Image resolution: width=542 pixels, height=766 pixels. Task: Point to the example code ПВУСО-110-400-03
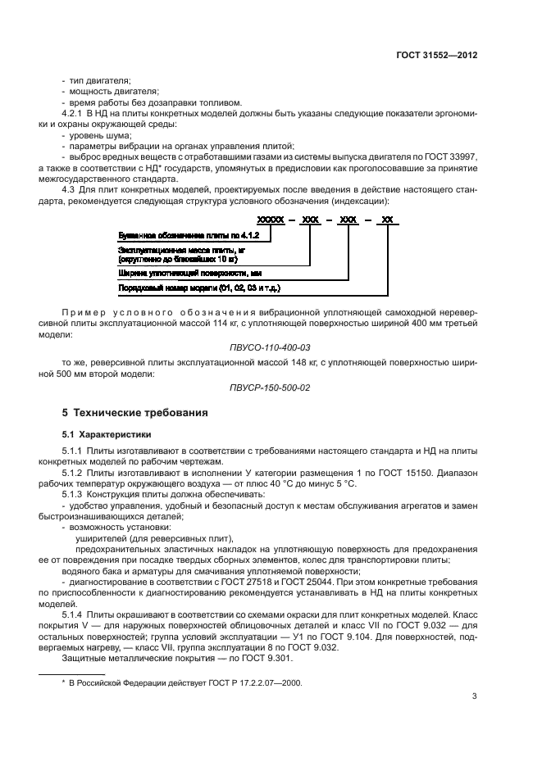pyautogui.click(x=271, y=348)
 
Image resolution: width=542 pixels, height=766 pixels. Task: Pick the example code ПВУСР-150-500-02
pyautogui.click(x=271, y=387)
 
